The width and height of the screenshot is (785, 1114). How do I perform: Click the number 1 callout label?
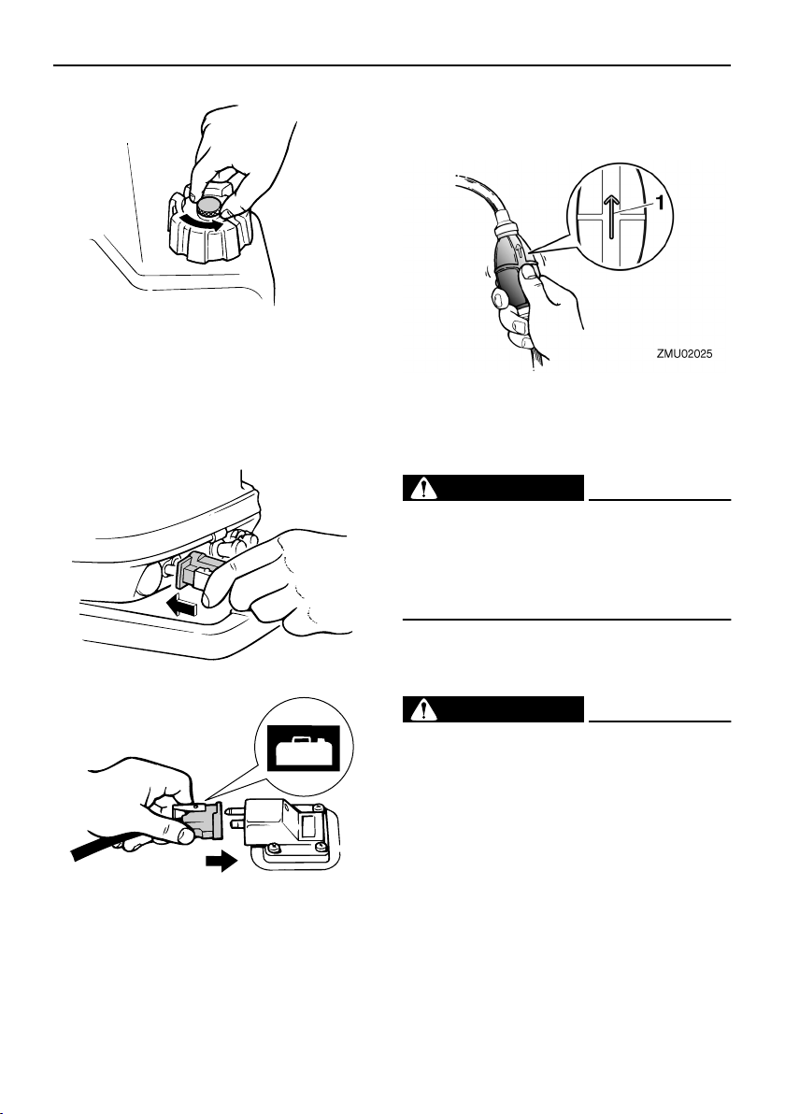[x=660, y=203]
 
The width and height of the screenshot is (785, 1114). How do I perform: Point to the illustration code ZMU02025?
[x=684, y=353]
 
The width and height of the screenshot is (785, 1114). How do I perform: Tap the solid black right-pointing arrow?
[x=221, y=864]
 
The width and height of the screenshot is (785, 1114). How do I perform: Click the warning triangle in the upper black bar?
[x=423, y=489]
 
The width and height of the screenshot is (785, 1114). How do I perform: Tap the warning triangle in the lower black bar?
[x=423, y=709]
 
